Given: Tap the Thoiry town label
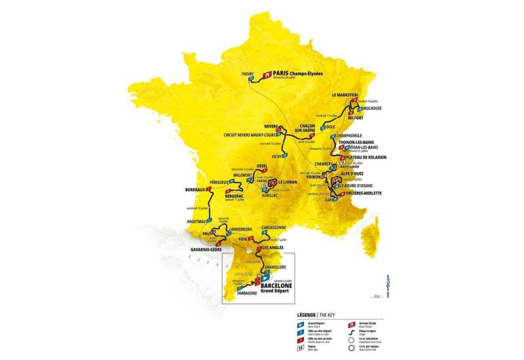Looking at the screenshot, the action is (x=247, y=74).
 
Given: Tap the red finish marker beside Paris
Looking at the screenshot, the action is (x=267, y=75).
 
